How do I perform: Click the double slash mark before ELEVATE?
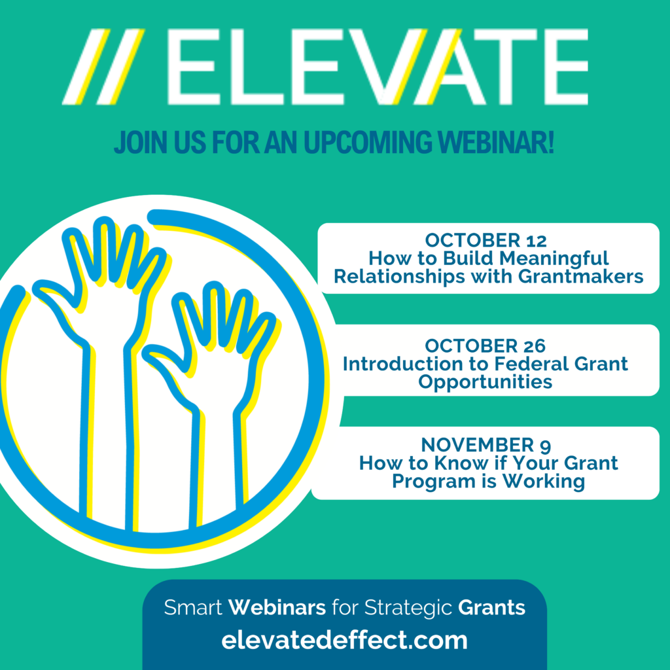(x=103, y=67)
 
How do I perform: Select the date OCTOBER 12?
(x=485, y=241)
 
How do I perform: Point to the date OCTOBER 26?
(x=485, y=346)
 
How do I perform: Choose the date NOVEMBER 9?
(x=486, y=445)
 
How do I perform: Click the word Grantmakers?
(x=581, y=277)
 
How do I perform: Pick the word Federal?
(x=531, y=364)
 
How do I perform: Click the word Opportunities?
(x=485, y=382)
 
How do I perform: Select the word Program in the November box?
(x=434, y=482)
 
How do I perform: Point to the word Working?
(x=544, y=482)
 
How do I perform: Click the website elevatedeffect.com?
(x=344, y=640)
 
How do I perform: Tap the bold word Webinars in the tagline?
(x=277, y=607)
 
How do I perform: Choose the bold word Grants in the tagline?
(x=491, y=607)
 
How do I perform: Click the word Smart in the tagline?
(x=193, y=607)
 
